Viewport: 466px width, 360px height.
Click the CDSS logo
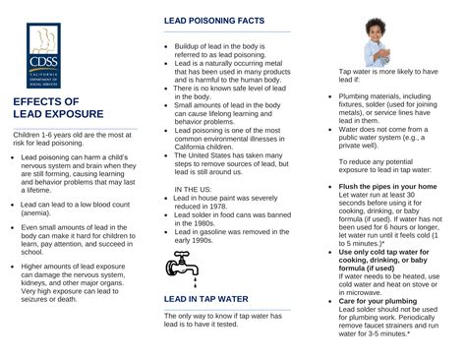point(45,53)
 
